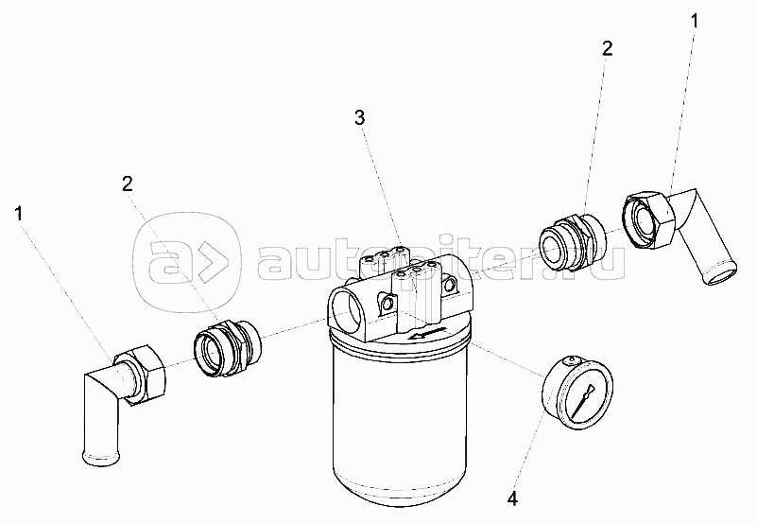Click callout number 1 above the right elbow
(x=694, y=21)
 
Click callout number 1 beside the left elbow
(x=19, y=214)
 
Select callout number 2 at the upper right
(x=607, y=48)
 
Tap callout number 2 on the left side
(x=127, y=183)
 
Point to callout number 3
(x=360, y=117)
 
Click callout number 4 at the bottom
(x=513, y=498)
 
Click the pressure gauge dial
(x=577, y=392)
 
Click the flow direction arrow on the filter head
(x=425, y=333)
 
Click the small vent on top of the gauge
(x=572, y=359)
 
